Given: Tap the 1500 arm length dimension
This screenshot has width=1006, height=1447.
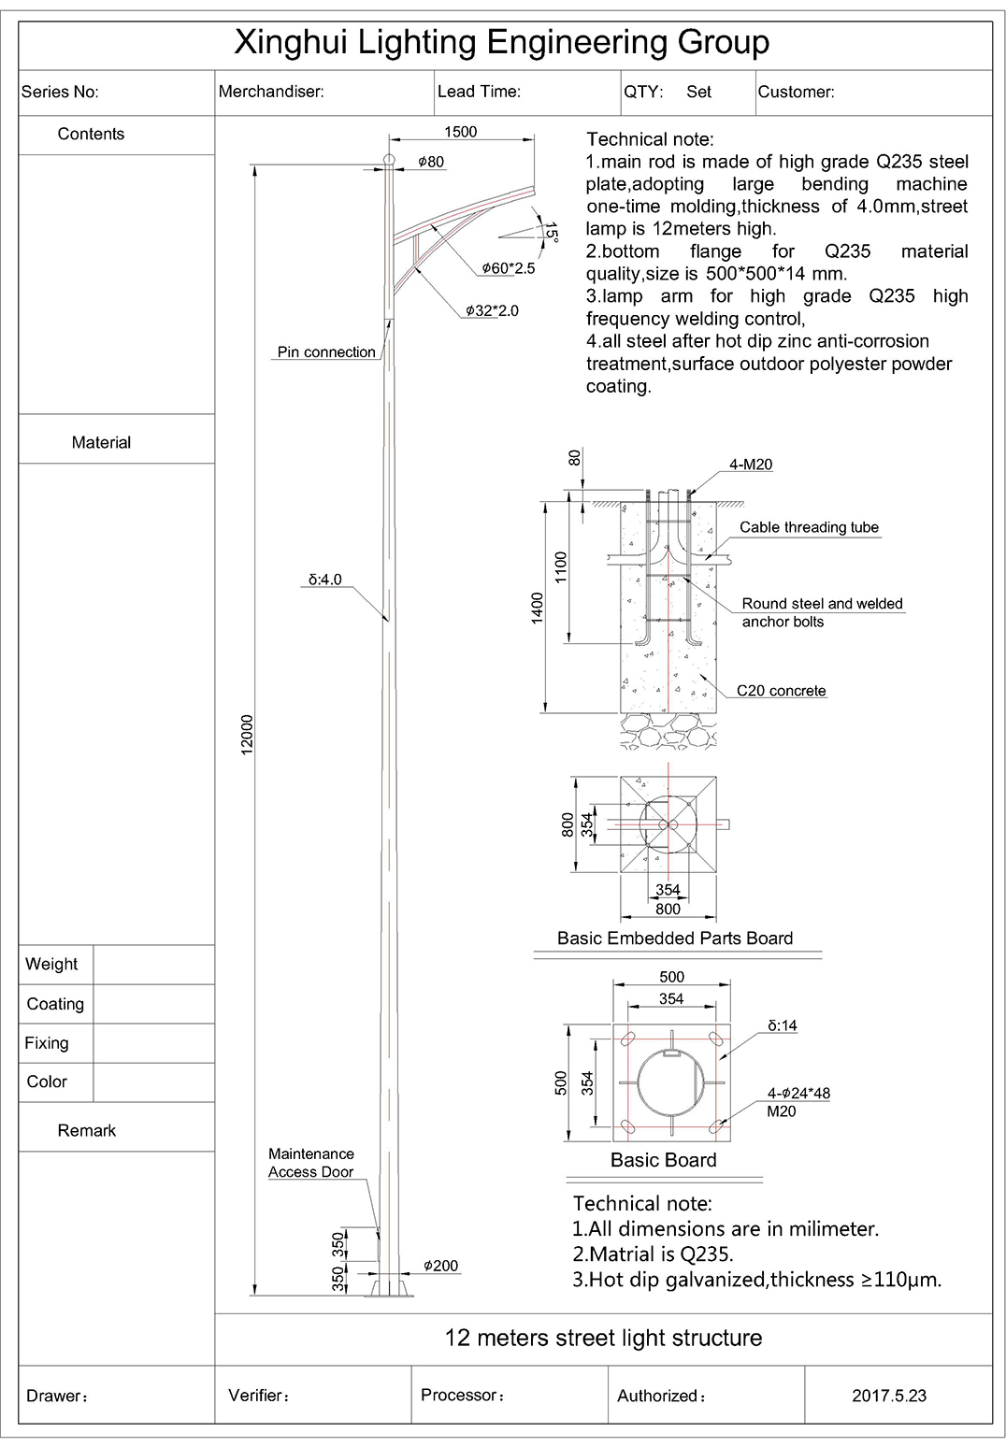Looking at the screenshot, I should point(460,132).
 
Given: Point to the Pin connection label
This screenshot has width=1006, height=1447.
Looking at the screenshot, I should point(326,352).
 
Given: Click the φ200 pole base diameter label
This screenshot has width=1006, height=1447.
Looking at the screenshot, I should point(440,1266).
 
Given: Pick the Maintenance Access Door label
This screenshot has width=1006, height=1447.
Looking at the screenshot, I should point(310,1163).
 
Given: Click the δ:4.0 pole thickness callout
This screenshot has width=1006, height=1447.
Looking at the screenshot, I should point(325,580).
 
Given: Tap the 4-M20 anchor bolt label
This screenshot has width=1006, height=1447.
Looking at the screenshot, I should point(751,465).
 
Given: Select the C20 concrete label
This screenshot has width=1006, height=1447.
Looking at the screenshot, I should point(781,691).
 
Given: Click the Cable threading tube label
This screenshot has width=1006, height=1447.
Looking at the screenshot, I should point(809,527).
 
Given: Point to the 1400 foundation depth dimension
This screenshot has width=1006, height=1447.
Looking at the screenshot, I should point(538,609).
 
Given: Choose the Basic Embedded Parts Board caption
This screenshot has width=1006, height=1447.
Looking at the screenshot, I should point(674,938).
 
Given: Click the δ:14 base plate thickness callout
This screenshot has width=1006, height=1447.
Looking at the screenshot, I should point(782,1025).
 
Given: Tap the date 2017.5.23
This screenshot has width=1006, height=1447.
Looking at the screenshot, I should point(888,1396).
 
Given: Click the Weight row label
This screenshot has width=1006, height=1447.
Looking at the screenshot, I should point(51,965).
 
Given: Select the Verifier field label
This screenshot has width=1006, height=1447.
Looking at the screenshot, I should point(258,1396).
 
